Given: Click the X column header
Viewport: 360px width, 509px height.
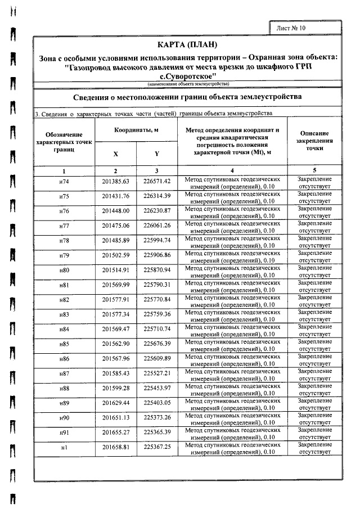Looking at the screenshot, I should (115, 154).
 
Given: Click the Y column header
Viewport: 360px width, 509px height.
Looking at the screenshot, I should (157, 154).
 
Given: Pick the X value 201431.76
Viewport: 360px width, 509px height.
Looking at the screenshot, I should (115, 196).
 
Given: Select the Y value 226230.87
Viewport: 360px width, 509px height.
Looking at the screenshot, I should (157, 211).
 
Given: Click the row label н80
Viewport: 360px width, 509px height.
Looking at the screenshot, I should (64, 270).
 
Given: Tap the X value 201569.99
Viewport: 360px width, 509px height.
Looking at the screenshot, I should (115, 285).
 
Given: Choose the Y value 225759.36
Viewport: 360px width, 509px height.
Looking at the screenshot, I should (157, 314).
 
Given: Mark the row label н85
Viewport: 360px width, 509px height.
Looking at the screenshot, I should (64, 344).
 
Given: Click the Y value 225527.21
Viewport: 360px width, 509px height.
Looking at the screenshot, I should (157, 373).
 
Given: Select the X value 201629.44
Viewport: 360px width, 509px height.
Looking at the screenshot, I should (115, 403).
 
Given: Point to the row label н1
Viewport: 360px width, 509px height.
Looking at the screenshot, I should (64, 447).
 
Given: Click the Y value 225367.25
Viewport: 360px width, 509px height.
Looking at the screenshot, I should (157, 447).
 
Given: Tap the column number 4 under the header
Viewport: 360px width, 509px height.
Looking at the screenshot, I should (232, 170).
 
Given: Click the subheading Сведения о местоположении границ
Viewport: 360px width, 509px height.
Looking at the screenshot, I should (187, 97).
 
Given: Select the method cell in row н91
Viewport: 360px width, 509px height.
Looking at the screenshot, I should (232, 433).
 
